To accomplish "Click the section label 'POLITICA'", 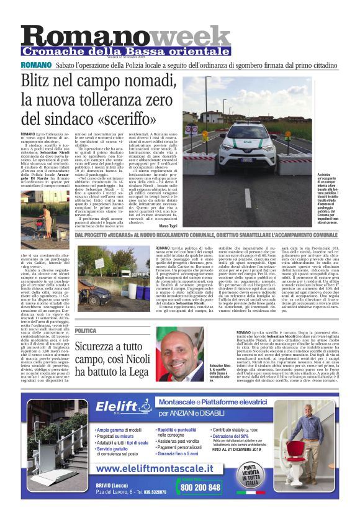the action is pyautogui.click(x=85, y=330).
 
